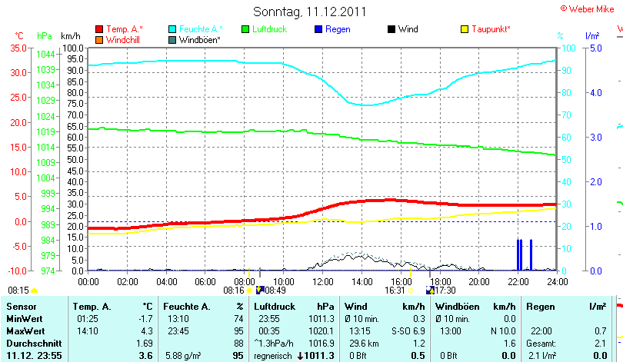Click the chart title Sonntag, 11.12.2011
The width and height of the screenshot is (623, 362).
pyautogui.click(x=309, y=12)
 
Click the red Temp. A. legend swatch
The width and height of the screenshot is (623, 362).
pyautogui.click(x=99, y=29)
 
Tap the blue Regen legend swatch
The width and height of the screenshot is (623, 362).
pyautogui.click(x=318, y=29)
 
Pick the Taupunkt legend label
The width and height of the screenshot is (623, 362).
pyautogui.click(x=491, y=29)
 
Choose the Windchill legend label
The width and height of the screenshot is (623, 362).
pyautogui.click(x=122, y=39)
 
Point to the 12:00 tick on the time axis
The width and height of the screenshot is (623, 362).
pyautogui.click(x=322, y=281)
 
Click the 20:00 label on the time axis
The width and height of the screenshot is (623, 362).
pyautogui.click(x=479, y=281)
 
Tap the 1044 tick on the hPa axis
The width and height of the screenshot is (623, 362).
pyautogui.click(x=45, y=54)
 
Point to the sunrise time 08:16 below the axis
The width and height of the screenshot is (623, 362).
pyautogui.click(x=233, y=291)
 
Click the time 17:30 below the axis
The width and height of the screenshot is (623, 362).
pyautogui.click(x=445, y=291)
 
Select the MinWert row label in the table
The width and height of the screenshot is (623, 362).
pyautogui.click(x=25, y=318)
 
